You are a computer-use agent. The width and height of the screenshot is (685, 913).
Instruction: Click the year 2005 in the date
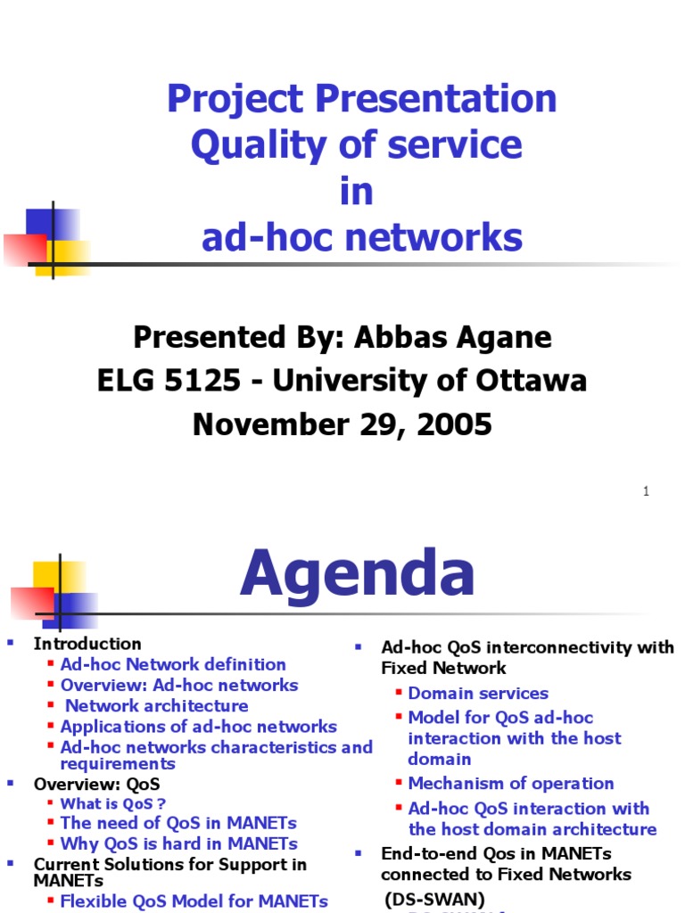coord(452,424)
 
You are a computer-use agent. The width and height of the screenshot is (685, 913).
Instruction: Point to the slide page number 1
coord(646,492)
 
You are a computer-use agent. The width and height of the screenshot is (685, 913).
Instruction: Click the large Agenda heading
coord(357,574)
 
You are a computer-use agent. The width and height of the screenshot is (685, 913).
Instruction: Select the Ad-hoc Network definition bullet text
coord(173,664)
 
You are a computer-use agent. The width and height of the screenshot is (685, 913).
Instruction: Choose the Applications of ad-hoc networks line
coord(198,727)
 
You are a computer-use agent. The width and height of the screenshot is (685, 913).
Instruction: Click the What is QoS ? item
coord(113,803)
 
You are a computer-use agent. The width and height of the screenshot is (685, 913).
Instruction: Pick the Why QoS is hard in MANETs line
coord(178,843)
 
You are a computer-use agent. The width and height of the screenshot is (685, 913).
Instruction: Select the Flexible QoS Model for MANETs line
coord(194,901)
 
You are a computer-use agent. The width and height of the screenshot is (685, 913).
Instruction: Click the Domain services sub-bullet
coord(478,693)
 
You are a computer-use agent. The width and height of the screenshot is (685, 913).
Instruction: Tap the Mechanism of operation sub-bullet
coord(510,783)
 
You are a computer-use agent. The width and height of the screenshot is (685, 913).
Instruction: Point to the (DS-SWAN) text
coord(434,899)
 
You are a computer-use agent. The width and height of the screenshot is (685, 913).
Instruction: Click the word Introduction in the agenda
coord(87,643)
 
